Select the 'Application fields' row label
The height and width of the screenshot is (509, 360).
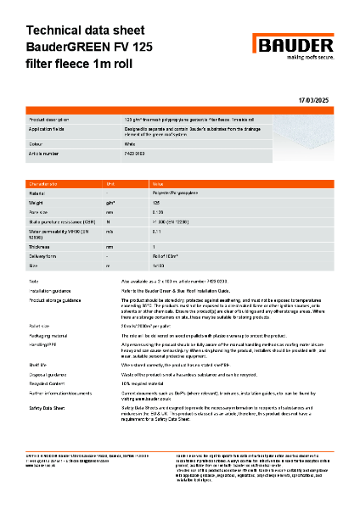click(50, 132)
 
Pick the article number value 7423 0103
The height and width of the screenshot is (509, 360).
click(136, 154)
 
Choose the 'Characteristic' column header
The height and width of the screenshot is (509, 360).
click(43, 183)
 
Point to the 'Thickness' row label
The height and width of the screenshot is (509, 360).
click(42, 245)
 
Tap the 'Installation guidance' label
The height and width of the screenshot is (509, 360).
click(52, 290)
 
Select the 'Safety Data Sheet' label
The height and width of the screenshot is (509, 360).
click(49, 408)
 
